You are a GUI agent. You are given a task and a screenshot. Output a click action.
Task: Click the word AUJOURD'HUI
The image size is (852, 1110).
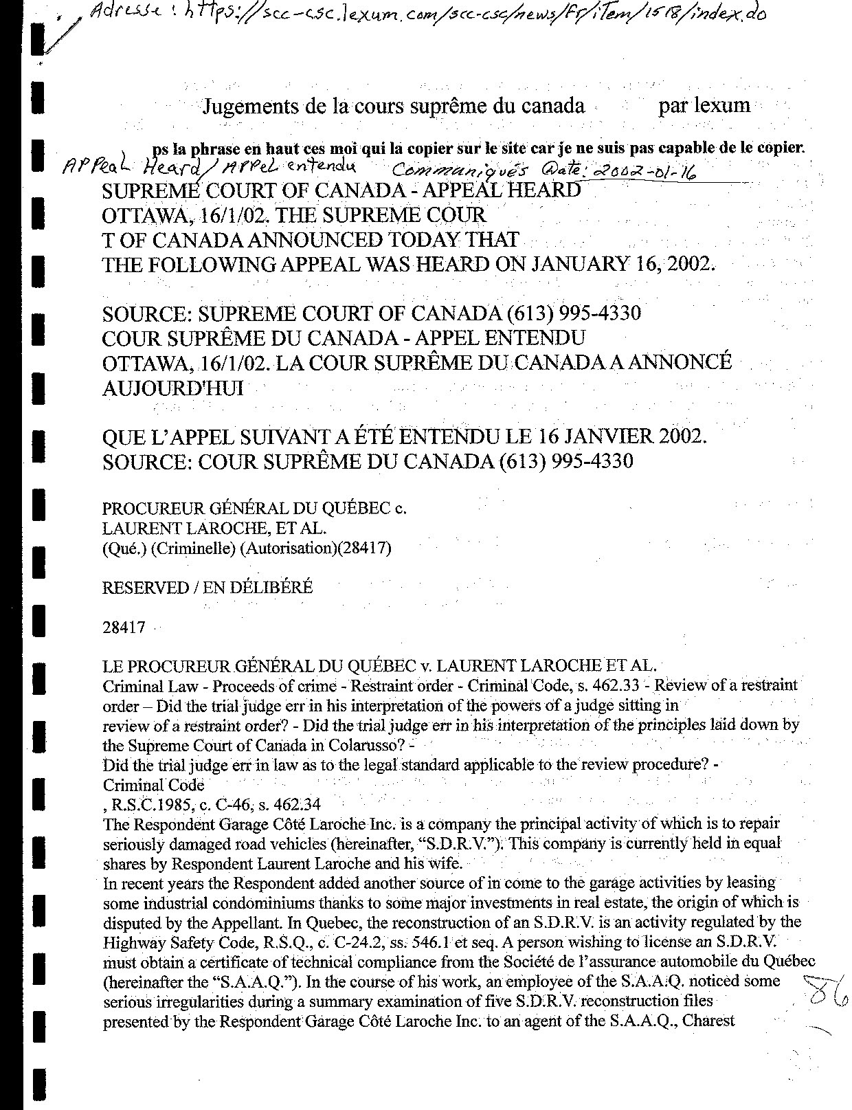pyautogui.click(x=172, y=388)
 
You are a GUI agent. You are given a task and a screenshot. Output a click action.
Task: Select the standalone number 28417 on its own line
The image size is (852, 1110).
pyautogui.click(x=124, y=628)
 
